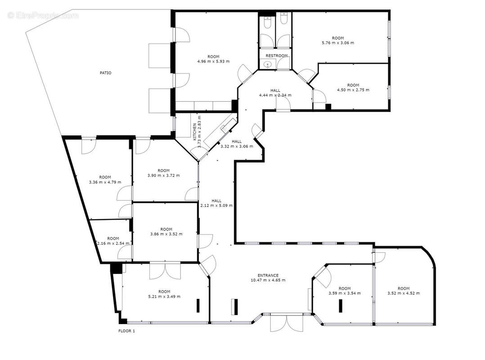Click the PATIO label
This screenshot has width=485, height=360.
pos(105,73)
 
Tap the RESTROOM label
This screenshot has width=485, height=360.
pos(277,56)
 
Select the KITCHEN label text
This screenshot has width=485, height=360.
pos(194,132)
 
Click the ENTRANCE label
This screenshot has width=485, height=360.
pos(268,275)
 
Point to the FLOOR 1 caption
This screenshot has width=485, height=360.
pos(127,331)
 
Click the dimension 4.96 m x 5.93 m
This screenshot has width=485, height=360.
pos(213,61)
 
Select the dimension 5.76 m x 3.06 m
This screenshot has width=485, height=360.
pos(338,43)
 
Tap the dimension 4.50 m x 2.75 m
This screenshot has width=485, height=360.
pos(353,90)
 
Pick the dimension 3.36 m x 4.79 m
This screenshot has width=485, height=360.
pos(105,182)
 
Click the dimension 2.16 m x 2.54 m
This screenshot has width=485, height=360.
pos(113,243)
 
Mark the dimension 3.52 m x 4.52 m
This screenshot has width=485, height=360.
pos(404,293)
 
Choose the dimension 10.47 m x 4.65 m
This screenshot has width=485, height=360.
pos(268,280)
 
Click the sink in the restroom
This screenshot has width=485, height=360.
pos(268,64)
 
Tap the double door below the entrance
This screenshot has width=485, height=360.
pos(287,323)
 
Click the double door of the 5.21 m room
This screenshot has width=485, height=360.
pos(165,271)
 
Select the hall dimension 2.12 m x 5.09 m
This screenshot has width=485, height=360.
pos(216,205)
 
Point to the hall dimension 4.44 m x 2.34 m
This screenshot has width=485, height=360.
pos(275,95)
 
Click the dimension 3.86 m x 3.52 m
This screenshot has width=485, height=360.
pos(166,234)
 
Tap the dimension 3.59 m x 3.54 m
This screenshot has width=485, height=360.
pos(345,293)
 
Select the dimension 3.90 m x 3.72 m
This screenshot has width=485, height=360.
pos(164,175)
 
